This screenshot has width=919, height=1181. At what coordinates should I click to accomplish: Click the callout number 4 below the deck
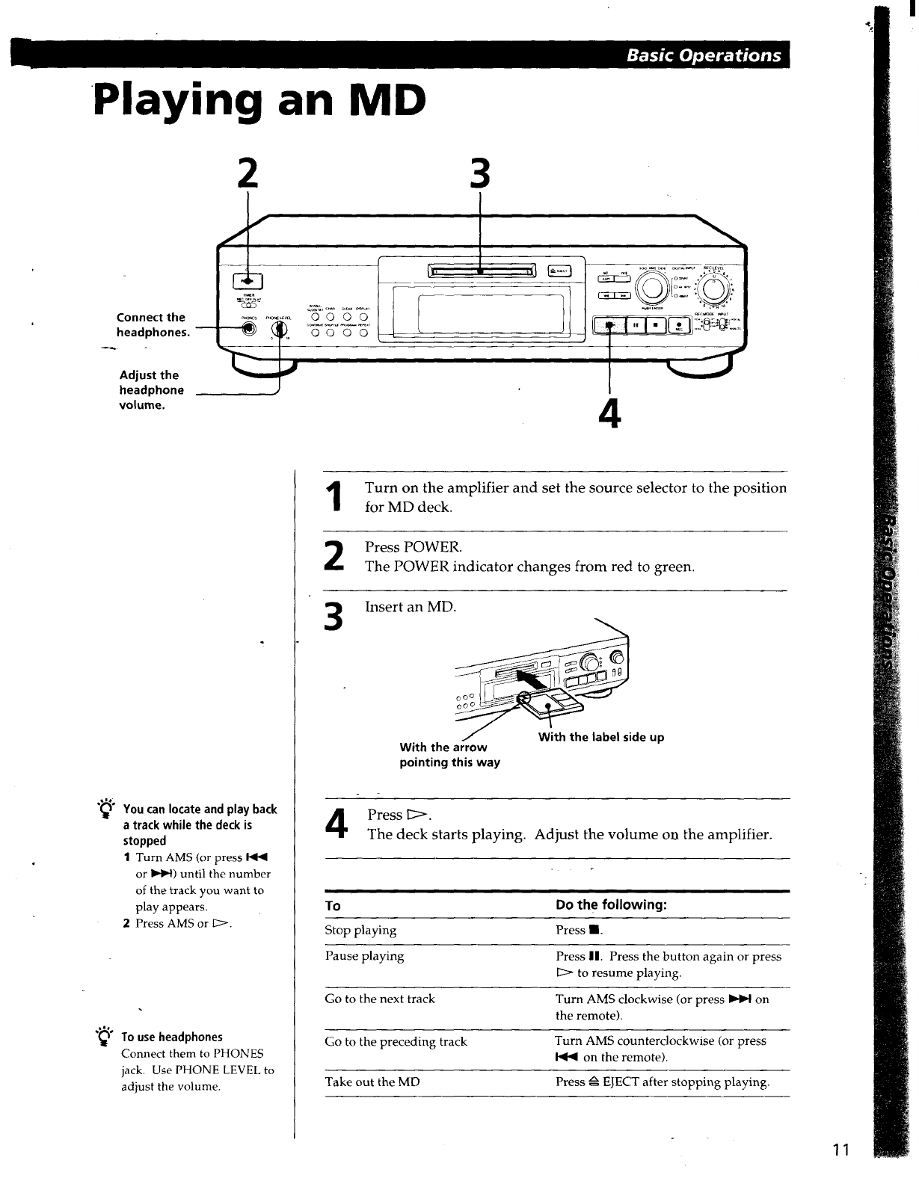[x=610, y=413]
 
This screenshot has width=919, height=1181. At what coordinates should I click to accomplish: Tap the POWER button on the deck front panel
[x=246, y=281]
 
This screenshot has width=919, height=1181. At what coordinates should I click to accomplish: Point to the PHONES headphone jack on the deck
[x=248, y=332]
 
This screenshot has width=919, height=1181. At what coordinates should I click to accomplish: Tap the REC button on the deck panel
[x=678, y=326]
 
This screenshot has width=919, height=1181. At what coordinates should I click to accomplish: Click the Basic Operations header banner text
[x=704, y=55]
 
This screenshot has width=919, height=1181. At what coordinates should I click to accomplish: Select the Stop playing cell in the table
[x=361, y=931]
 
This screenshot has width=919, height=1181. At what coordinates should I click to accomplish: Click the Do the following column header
[x=611, y=905]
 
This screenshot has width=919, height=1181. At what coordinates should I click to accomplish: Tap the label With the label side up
[x=601, y=737]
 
